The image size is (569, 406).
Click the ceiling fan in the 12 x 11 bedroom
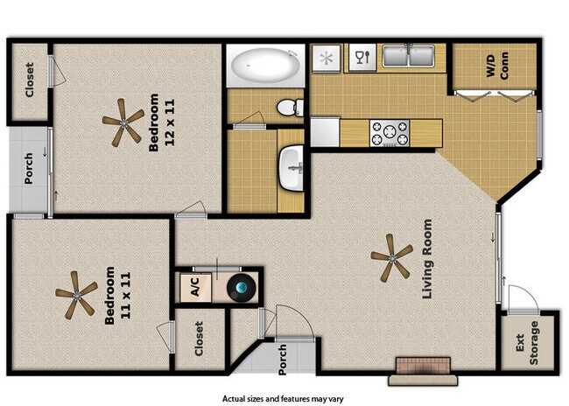coord(123,121)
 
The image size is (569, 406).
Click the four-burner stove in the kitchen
coord(390,133)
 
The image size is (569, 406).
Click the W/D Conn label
coord(497,68)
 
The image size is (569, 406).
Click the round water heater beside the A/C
coord(239,288)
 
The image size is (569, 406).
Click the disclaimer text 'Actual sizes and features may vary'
coord(283,398)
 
